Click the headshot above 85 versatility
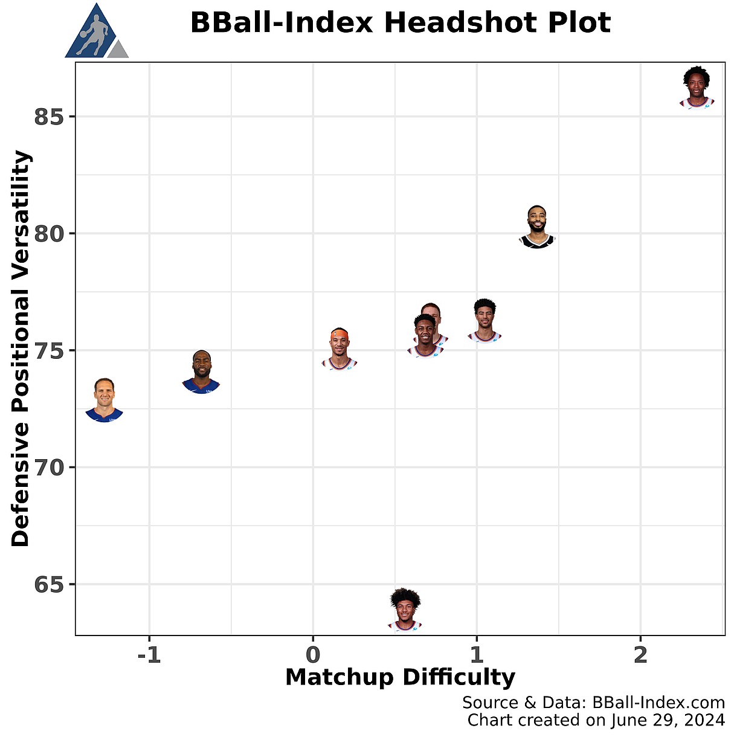697,88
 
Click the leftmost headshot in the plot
104,400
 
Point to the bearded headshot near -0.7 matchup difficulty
202,372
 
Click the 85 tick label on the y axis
49,117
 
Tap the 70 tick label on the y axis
49,468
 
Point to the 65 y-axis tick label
49,585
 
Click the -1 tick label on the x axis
149,655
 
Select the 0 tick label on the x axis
313,655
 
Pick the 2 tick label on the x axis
640,655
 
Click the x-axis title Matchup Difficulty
400,677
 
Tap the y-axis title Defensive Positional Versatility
21,349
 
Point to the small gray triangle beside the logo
118,50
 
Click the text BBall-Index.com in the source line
658,703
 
